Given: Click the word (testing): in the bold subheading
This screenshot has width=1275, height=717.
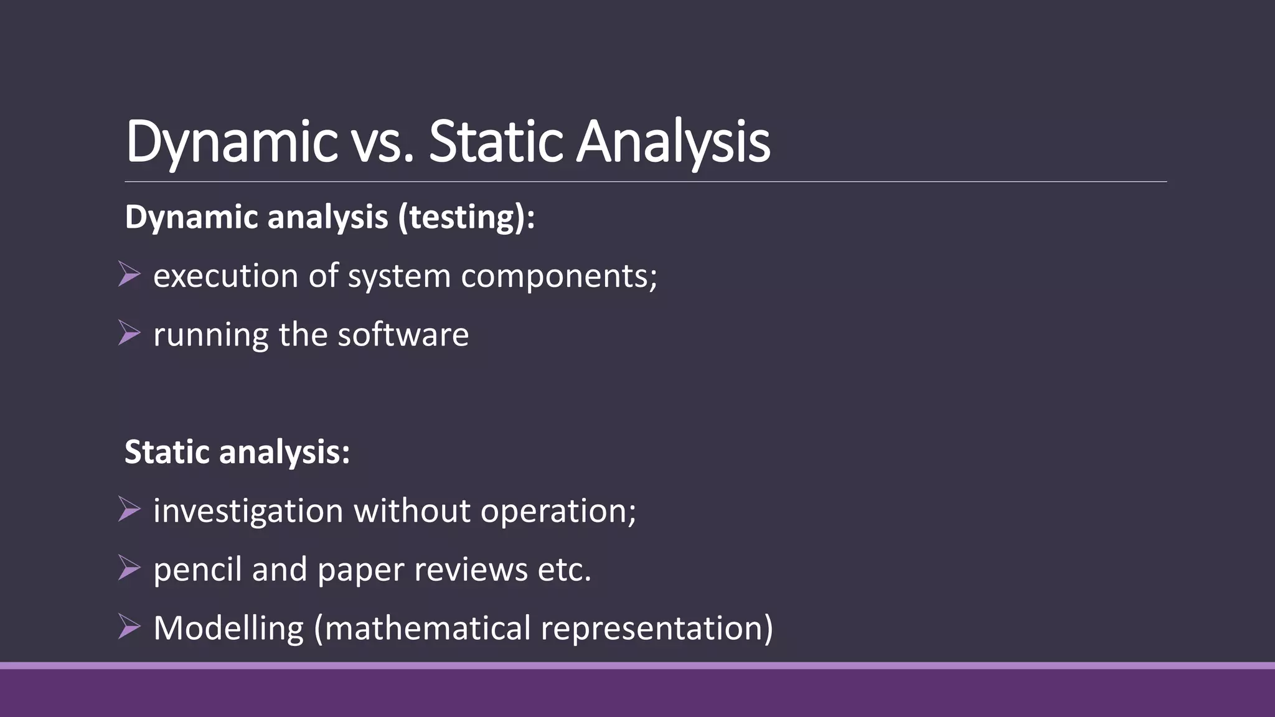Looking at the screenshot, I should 467,217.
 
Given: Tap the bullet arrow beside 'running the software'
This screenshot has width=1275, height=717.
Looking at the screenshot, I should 129,333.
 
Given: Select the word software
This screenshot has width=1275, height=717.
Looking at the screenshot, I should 403,334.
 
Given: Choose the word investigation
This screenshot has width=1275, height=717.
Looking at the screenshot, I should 248,512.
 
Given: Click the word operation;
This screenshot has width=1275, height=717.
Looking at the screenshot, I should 558,512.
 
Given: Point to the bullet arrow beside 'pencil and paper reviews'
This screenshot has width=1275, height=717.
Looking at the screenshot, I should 129,568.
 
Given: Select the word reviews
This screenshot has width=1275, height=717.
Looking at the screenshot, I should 471,569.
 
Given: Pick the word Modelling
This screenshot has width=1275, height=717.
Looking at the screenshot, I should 228,628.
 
